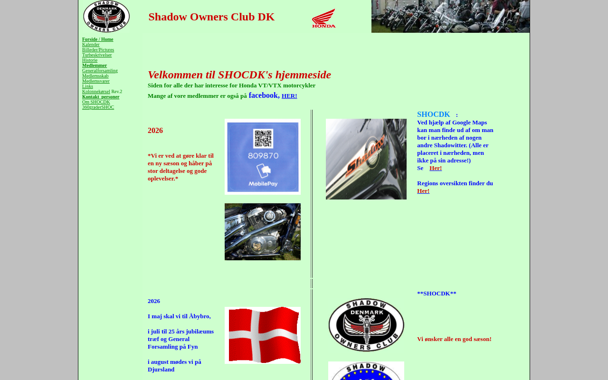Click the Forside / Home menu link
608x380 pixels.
(97, 39)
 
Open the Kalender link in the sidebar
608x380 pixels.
(91, 45)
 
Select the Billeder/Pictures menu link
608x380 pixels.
(98, 50)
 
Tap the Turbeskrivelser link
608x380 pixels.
(97, 55)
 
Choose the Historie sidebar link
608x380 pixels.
(90, 60)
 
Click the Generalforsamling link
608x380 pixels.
(100, 71)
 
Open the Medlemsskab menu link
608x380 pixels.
(95, 76)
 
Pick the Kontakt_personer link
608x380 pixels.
(101, 97)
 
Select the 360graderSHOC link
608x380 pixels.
(98, 107)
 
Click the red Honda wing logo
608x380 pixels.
(324, 19)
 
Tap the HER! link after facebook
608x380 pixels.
(289, 96)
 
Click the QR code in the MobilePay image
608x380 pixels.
(263, 138)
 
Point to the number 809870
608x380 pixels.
(263, 155)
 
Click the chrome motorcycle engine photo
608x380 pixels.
(263, 232)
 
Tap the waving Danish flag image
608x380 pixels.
(263, 335)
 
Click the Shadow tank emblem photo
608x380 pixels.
(366, 159)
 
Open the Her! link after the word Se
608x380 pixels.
(436, 168)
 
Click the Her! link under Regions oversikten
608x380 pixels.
(423, 191)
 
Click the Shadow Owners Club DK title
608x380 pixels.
(211, 17)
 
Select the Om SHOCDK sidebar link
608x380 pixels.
(96, 102)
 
